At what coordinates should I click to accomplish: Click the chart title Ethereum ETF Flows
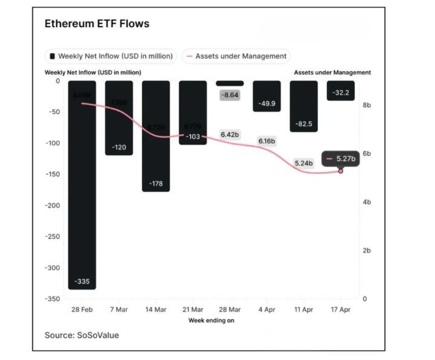(x=97, y=24)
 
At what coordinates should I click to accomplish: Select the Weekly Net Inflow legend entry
(x=111, y=56)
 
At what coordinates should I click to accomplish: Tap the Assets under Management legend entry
(x=236, y=56)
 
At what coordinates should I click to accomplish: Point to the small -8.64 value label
(x=230, y=95)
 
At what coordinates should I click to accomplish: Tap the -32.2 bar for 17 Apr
(x=341, y=91)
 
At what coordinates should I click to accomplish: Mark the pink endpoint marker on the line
(x=341, y=172)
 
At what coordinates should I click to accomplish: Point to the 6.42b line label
(x=230, y=134)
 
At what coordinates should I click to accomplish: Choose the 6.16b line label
(x=266, y=141)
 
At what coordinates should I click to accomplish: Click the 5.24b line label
(x=303, y=163)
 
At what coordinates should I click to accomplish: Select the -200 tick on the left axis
(x=53, y=205)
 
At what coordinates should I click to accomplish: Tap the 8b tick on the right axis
(x=366, y=105)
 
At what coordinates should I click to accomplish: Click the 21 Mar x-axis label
(x=193, y=309)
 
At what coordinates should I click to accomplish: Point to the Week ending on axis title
(x=211, y=320)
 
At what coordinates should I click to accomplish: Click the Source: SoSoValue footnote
(x=82, y=335)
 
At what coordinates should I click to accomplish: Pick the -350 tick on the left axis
(x=53, y=299)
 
